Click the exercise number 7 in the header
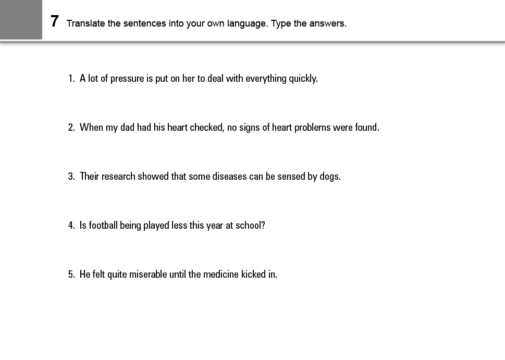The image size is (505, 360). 55,22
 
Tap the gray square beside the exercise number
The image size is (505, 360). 21,20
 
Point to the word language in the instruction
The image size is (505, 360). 248,23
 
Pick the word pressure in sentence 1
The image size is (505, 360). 127,79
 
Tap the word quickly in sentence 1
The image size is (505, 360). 303,79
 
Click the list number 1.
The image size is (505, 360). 71,79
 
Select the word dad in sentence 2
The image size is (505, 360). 127,128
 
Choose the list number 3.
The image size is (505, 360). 71,177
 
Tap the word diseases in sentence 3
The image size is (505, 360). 229,177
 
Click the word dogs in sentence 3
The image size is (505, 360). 329,177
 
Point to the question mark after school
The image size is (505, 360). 263,226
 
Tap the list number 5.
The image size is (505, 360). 71,275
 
